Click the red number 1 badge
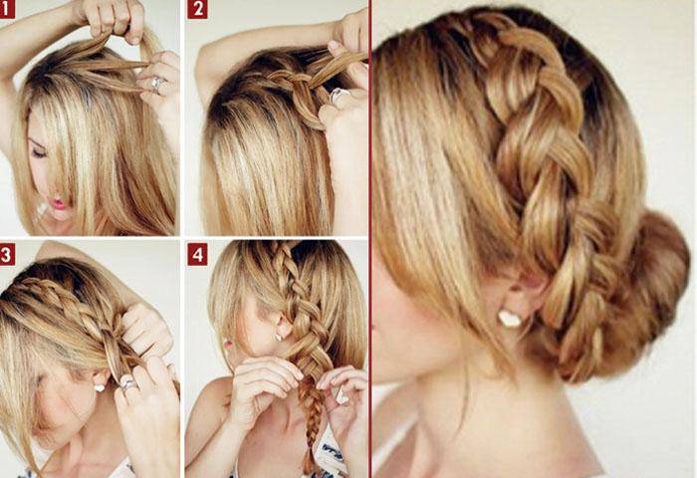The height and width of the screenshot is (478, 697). pyautogui.click(x=6, y=8)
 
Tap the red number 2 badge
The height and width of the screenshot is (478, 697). pyautogui.click(x=197, y=9)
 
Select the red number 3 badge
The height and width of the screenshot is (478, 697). pyautogui.click(x=7, y=255)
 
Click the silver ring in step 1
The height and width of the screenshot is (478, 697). pyautogui.click(x=157, y=84)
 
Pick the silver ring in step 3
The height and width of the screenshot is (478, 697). pyautogui.click(x=128, y=382)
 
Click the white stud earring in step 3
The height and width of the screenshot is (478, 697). pyautogui.click(x=100, y=387)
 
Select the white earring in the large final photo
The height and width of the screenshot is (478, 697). pyautogui.click(x=510, y=319)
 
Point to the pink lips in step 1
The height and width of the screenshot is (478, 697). pyautogui.click(x=59, y=204)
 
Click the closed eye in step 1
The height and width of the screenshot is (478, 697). pyautogui.click(x=39, y=153)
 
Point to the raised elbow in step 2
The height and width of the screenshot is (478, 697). pyautogui.click(x=204, y=63)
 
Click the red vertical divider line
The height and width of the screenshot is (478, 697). pyautogui.click(x=370, y=239)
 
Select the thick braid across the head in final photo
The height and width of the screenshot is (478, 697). pyautogui.click(x=547, y=155)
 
